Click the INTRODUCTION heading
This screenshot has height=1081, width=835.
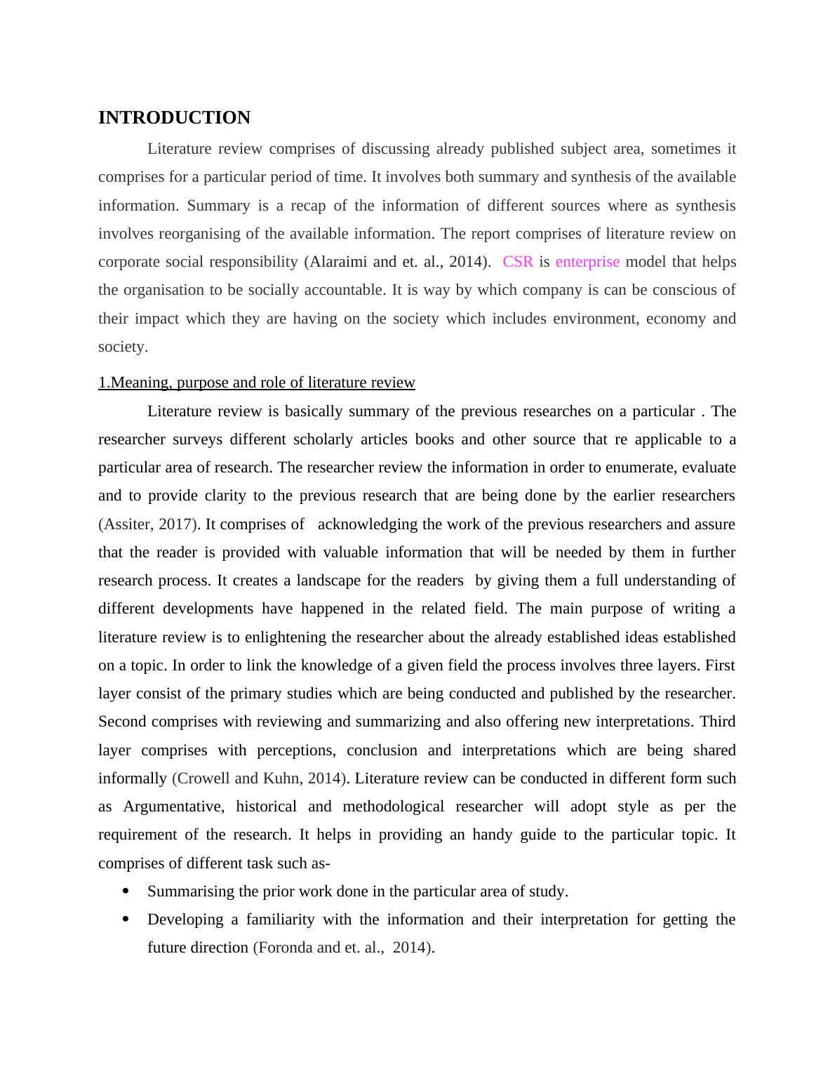click(x=174, y=118)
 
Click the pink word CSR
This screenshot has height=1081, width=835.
click(x=518, y=262)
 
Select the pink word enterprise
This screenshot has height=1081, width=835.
click(x=587, y=262)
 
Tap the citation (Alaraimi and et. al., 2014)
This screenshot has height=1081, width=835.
click(x=397, y=262)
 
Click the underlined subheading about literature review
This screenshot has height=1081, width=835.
click(x=257, y=383)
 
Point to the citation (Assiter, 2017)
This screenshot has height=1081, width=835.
click(x=149, y=524)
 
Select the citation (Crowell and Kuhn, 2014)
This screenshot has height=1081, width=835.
click(x=260, y=778)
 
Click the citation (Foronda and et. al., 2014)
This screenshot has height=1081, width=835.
click(x=342, y=948)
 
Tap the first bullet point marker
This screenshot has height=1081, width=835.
click(x=126, y=891)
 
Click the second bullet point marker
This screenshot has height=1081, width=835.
click(x=126, y=920)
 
